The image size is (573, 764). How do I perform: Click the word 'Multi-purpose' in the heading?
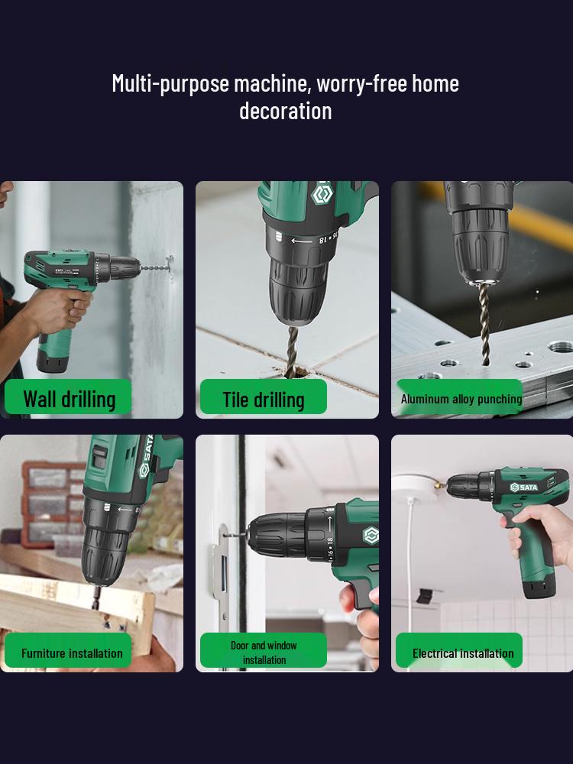[170, 84]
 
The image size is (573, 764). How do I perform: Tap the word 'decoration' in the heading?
[286, 111]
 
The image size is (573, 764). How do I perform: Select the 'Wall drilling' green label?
[68, 397]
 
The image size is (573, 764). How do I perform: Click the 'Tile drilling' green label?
[263, 397]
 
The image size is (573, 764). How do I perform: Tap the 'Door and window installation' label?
[263, 651]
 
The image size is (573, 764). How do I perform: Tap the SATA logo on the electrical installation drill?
[524, 487]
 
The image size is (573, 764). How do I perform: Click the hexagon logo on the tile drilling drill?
[322, 193]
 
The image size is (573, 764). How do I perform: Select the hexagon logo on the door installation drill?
[371, 536]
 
